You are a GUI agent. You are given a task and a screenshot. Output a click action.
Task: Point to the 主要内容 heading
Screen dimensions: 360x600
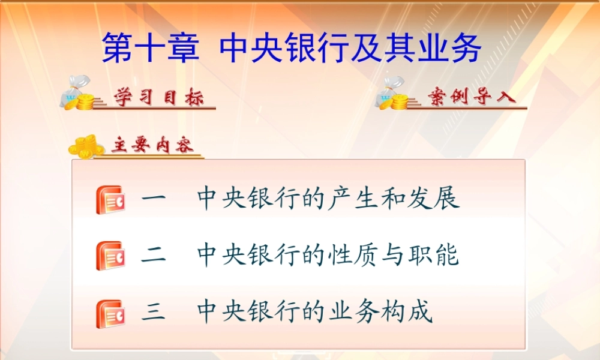tap(153, 146)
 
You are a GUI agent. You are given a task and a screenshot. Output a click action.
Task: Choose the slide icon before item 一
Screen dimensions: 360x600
tap(110, 200)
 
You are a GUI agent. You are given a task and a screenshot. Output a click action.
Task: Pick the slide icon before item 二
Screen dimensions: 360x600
tap(110, 256)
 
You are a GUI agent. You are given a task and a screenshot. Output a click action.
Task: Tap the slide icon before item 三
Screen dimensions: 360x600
tap(110, 313)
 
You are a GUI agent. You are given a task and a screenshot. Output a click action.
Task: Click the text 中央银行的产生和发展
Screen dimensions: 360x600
tap(328, 199)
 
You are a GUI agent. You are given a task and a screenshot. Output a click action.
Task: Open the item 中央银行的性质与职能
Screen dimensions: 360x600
tap(328, 256)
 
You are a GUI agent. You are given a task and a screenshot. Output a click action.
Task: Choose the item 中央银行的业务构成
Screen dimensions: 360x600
tap(315, 313)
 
